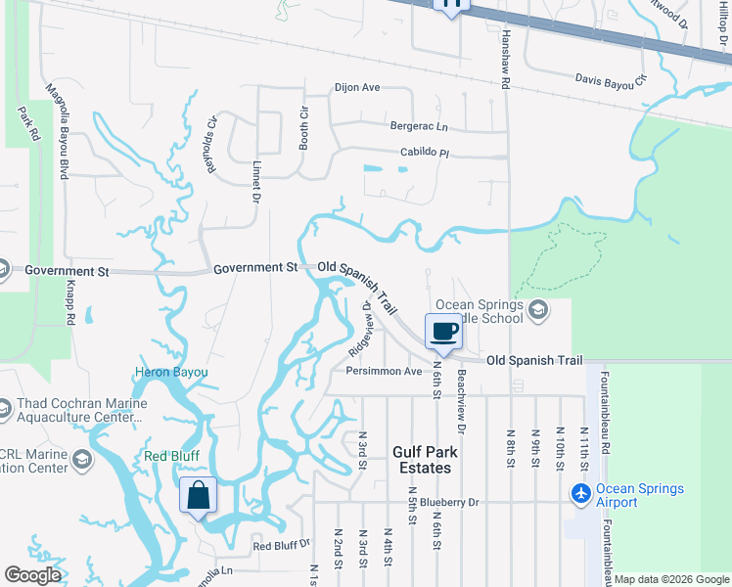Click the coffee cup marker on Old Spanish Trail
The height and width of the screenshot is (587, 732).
point(442,332)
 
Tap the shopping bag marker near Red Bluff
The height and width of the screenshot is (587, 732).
point(198,495)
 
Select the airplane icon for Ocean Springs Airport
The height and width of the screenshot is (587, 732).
point(581,494)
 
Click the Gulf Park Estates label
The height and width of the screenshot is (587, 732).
point(422,460)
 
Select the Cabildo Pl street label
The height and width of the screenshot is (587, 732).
point(424,154)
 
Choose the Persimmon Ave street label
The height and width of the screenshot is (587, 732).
point(384,372)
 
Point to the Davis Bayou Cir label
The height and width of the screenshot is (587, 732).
point(612,80)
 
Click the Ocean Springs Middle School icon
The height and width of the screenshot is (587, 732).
point(537,309)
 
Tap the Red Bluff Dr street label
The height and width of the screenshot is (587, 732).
point(281,545)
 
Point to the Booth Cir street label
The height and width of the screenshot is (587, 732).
point(303,127)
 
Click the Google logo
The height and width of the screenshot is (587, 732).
point(32,575)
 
